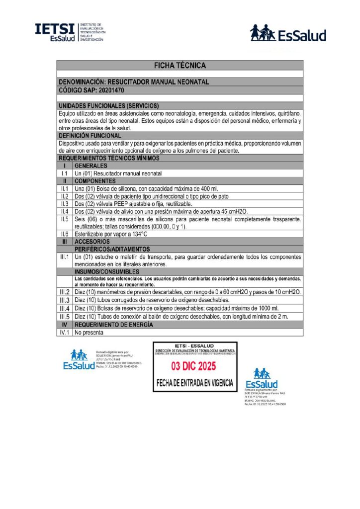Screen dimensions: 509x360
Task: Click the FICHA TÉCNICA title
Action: click(180, 65)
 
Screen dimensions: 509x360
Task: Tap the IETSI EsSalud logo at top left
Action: click(69, 32)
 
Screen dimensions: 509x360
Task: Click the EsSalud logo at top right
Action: click(288, 33)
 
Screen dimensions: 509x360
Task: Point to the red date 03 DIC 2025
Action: click(195, 367)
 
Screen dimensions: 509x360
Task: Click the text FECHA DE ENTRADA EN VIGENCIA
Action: click(195, 383)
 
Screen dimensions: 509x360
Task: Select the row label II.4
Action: click(65, 211)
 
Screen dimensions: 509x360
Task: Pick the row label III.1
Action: click(65, 257)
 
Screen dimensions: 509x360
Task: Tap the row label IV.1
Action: click(65, 332)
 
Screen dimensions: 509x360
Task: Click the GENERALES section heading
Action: click(90, 166)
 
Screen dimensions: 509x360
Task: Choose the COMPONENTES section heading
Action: click(95, 181)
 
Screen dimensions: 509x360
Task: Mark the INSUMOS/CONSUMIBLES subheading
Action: click(107, 272)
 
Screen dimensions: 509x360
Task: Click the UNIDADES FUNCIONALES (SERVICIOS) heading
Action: click(109, 106)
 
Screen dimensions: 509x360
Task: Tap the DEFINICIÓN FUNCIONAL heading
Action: click(90, 135)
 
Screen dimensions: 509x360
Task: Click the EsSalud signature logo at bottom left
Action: click(79, 359)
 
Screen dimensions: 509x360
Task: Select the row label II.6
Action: click(65, 234)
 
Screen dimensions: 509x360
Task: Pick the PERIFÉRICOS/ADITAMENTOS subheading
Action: click(112, 249)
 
